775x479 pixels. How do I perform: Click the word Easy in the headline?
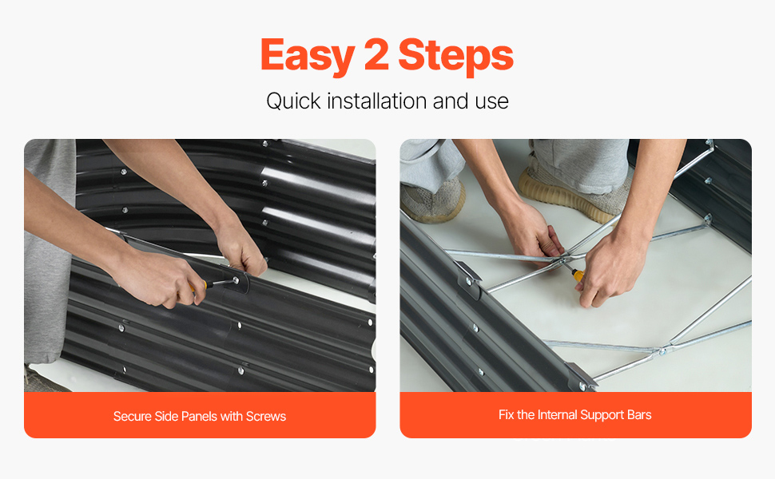point(308,56)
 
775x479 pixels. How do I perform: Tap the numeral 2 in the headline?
point(376,54)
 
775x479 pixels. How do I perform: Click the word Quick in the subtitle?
point(293,101)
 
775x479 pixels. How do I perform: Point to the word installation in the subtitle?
point(377,101)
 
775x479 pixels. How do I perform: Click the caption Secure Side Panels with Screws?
point(200,416)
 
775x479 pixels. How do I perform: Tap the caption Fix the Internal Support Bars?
point(574,415)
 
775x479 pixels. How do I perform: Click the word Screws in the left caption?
point(266,416)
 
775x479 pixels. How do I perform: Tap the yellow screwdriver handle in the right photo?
point(578,275)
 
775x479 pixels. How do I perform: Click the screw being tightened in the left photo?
point(236,280)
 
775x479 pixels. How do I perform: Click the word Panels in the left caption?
point(199,416)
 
